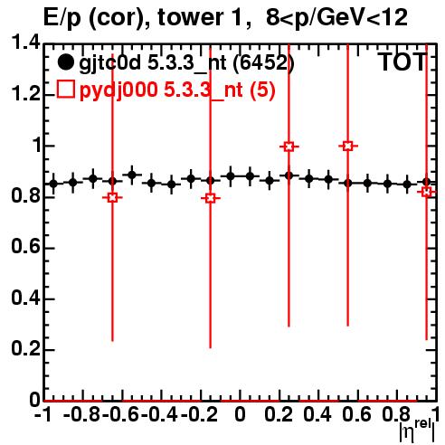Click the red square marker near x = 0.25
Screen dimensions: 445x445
pyautogui.click(x=289, y=147)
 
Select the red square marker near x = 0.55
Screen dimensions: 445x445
pyautogui.click(x=348, y=147)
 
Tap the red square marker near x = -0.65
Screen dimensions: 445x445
pyautogui.click(x=112, y=198)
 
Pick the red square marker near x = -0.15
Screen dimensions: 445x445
pyautogui.click(x=211, y=198)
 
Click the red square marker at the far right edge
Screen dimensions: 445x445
pyautogui.click(x=427, y=192)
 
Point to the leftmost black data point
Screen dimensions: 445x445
pyautogui.click(x=53, y=184)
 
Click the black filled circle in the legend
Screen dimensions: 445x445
pyautogui.click(x=65, y=62)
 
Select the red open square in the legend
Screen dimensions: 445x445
pyautogui.click(x=65, y=90)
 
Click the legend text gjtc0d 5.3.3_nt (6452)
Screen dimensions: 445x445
pyautogui.click(x=186, y=63)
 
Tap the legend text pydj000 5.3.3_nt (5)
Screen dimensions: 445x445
pyautogui.click(x=177, y=90)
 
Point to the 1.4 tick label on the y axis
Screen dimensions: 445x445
pyautogui.click(x=25, y=43)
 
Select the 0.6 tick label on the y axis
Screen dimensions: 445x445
pyautogui.click(x=25, y=247)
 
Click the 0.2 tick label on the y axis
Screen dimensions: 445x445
pyautogui.click(x=25, y=349)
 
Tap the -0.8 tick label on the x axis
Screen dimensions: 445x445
pyautogui.click(x=82, y=415)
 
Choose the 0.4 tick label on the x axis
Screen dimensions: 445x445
pyautogui.click(x=317, y=415)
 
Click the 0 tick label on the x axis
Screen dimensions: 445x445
pyautogui.click(x=240, y=415)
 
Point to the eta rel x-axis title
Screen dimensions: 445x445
pyautogui.click(x=417, y=431)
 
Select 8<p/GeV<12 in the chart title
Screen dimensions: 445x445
pyautogui.click(x=336, y=18)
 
